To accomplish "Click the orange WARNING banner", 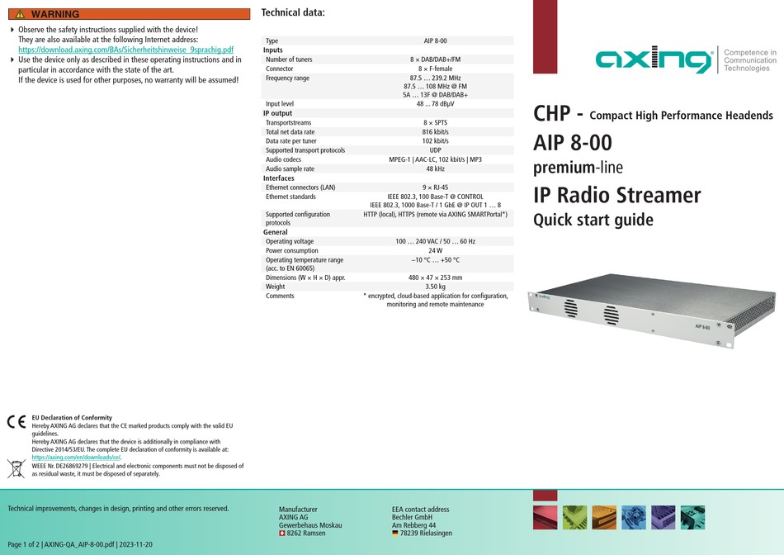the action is click(129, 14).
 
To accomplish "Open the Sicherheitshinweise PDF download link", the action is click(126, 50).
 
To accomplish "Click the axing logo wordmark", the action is click(654, 59).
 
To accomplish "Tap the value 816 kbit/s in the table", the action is click(435, 132).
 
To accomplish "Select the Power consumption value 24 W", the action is click(435, 251).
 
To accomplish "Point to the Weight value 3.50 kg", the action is click(435, 287).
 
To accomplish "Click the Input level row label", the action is click(280, 104).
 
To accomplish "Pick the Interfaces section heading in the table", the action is click(278, 178).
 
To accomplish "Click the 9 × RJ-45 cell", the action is click(435, 187).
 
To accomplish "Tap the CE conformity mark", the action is click(17, 422).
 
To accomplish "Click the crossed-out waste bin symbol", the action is click(16, 469).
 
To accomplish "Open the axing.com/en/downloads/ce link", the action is click(76, 458).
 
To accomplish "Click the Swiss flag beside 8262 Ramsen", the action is click(282, 534).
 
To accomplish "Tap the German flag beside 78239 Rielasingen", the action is click(395, 534).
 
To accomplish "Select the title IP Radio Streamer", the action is click(617, 195).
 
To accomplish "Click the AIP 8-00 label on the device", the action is click(702, 327).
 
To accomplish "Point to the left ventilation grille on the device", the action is click(571, 308).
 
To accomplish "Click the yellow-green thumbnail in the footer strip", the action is click(574, 518).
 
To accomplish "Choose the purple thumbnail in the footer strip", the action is click(663, 518).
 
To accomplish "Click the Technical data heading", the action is click(293, 12).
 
